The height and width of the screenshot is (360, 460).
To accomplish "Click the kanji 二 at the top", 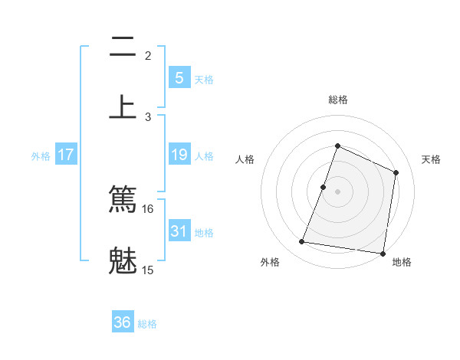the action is click(123, 49).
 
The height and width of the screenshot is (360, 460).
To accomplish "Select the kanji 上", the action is click(123, 106).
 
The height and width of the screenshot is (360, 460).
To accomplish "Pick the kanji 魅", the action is click(123, 259).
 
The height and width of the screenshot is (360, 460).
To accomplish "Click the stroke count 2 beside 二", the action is click(148, 55).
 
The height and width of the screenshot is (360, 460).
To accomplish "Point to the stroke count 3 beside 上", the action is click(148, 116).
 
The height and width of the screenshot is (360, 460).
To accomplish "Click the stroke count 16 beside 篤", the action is click(148, 208).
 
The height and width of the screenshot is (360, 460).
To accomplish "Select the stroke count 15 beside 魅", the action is click(148, 270).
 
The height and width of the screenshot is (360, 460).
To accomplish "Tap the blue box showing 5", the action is click(179, 77).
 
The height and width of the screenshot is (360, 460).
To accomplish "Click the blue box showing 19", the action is click(179, 155).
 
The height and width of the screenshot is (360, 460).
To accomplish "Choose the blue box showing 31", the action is click(179, 231).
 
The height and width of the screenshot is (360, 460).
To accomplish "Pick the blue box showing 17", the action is click(66, 155).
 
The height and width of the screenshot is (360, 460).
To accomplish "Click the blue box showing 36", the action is click(123, 322).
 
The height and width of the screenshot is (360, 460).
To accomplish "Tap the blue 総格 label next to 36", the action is click(147, 324).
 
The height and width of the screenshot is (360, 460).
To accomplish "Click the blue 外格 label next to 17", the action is click(41, 156).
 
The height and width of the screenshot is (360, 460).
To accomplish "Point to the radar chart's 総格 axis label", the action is click(337, 100).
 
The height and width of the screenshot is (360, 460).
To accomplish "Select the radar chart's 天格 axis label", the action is click(431, 159).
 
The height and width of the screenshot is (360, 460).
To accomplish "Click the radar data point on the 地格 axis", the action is click(383, 253).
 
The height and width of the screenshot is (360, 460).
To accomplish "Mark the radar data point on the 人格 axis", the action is click(324, 187).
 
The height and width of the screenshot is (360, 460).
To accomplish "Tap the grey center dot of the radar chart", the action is click(337, 191).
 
